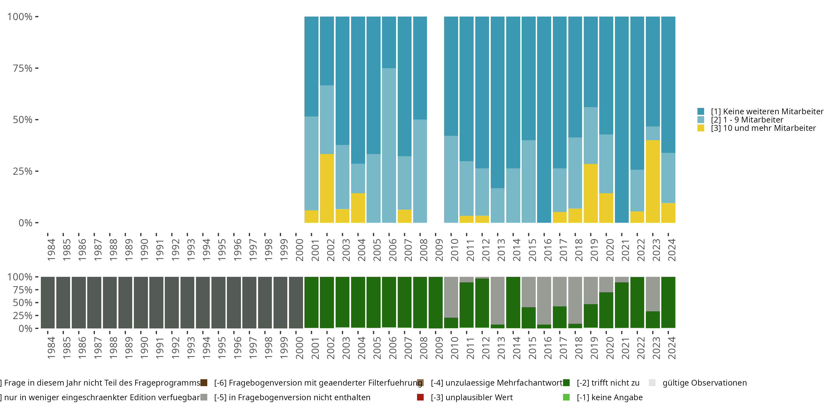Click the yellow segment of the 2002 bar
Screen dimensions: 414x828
tap(327, 188)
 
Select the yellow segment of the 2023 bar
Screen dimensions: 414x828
tap(652, 181)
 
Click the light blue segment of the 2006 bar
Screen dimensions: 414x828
tap(389, 145)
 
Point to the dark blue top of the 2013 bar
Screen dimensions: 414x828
tap(498, 102)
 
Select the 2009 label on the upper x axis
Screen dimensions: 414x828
tap(439, 250)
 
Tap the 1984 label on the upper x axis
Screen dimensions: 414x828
tap(51, 250)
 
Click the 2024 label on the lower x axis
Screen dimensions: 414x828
tap(672, 348)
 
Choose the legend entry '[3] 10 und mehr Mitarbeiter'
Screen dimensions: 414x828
tap(763, 128)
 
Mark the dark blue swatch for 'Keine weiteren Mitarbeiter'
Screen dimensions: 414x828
tap(701, 112)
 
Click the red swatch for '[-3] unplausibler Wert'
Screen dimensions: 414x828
tap(420, 397)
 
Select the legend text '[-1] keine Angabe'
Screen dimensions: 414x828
tap(609, 397)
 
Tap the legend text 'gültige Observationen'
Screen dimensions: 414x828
tap(705, 383)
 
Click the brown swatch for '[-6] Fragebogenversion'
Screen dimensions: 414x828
tap(204, 383)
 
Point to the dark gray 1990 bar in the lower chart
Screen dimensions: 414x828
tap(141, 302)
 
